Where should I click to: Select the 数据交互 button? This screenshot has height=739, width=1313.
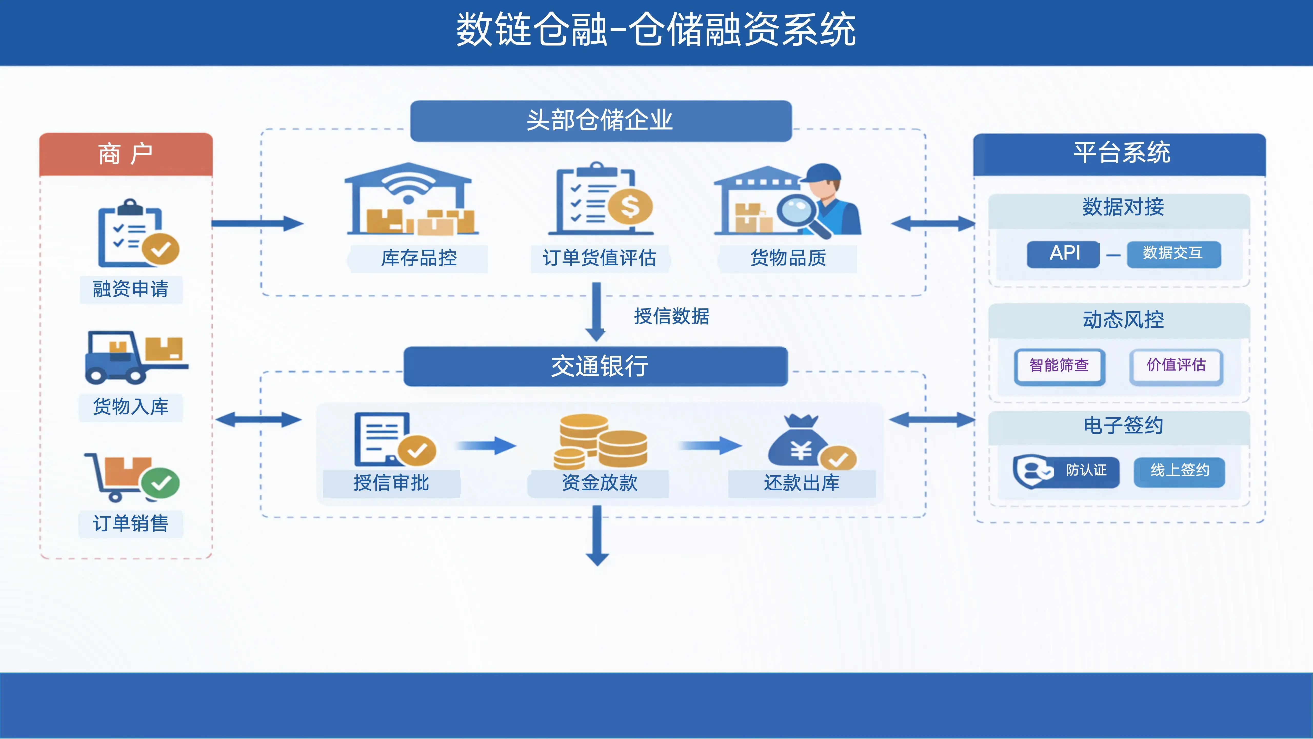(x=1173, y=254)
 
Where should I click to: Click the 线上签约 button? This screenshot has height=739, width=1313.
(x=1179, y=471)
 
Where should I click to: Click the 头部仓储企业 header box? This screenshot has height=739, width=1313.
(x=600, y=121)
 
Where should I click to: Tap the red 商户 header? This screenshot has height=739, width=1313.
(x=126, y=154)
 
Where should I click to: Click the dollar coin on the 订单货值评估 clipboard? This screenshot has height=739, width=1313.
(x=630, y=207)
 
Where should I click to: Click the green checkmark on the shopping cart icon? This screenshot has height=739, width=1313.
(x=161, y=483)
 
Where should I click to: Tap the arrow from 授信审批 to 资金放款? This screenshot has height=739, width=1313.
(x=487, y=446)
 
